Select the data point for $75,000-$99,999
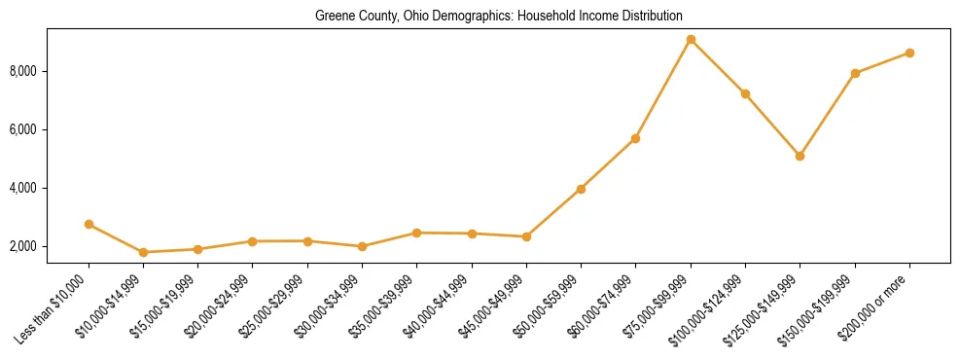[x=691, y=40]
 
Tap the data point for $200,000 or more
[x=909, y=53]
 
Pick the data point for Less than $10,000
[x=89, y=224]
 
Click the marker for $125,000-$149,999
[x=800, y=156]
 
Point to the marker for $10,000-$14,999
[x=143, y=252]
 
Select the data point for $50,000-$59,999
[x=581, y=189]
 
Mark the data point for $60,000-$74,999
[x=635, y=138]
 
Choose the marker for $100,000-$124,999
[x=745, y=93]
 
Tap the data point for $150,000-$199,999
[x=855, y=73]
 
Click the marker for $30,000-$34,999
[x=362, y=246]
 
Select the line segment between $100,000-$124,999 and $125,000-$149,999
[x=772, y=125]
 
